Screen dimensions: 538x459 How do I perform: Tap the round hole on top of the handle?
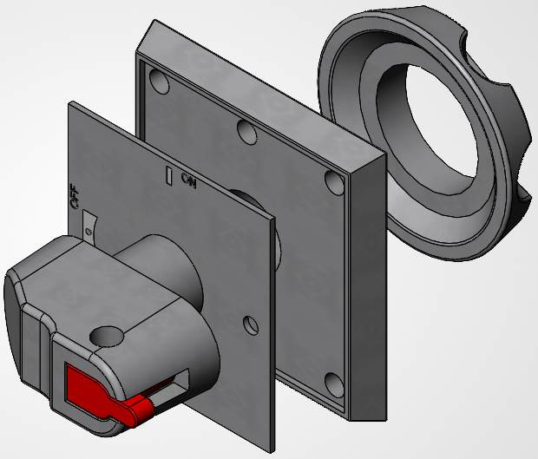107,336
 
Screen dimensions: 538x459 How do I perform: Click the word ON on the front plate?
189,180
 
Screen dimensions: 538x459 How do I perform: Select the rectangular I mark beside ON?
169,175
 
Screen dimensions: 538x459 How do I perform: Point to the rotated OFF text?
74,196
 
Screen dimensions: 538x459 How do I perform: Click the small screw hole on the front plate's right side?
251,325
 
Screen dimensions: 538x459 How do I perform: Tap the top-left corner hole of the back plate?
160,82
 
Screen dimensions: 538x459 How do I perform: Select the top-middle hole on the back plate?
246,132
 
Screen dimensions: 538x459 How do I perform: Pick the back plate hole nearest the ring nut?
334,182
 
